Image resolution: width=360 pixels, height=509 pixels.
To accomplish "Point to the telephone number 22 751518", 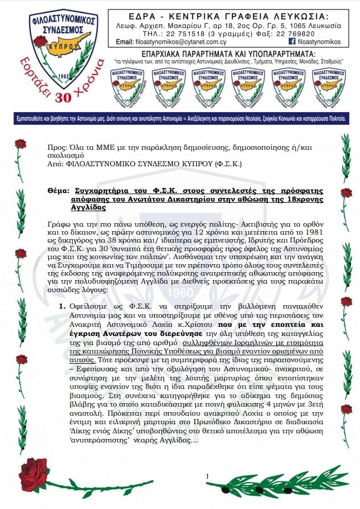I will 177,34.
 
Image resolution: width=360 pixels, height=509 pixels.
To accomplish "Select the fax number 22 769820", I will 290,34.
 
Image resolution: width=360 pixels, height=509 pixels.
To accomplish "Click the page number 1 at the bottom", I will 208,475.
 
